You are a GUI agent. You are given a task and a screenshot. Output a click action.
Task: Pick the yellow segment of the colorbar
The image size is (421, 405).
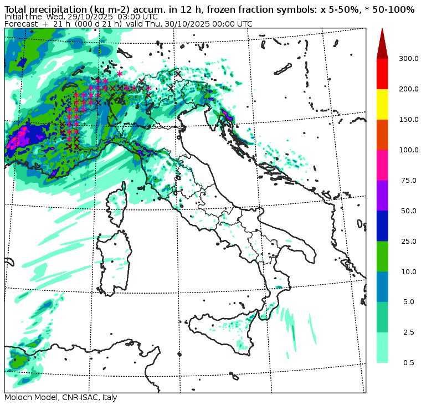(x=382, y=104)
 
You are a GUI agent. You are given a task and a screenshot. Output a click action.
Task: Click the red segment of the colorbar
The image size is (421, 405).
(x=382, y=74)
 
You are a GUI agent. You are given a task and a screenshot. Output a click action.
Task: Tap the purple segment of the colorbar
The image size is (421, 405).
(x=382, y=196)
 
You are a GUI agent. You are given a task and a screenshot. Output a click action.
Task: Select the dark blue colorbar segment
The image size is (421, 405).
(x=382, y=226)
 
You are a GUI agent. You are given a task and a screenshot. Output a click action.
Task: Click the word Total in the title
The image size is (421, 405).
(x=16, y=9)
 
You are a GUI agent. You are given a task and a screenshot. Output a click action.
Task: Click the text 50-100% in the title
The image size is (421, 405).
(x=394, y=9)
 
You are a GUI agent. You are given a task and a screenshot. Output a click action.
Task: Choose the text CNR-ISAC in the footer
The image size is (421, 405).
(x=79, y=398)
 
